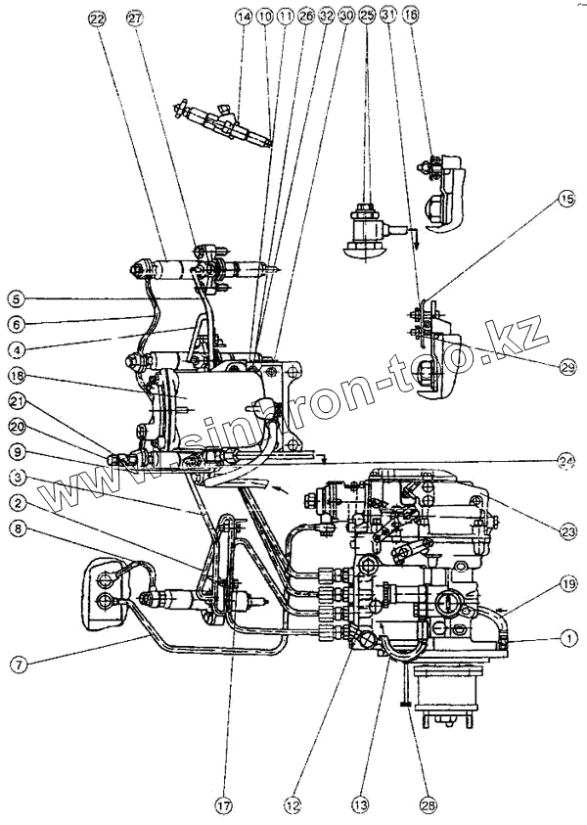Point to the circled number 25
tap(367, 18)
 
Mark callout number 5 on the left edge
tap(16, 298)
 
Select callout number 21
tap(16, 400)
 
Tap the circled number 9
tap(16, 452)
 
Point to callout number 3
tap(16, 479)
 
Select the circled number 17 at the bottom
tap(225, 806)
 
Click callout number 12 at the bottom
tap(293, 804)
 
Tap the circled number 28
tap(428, 804)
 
